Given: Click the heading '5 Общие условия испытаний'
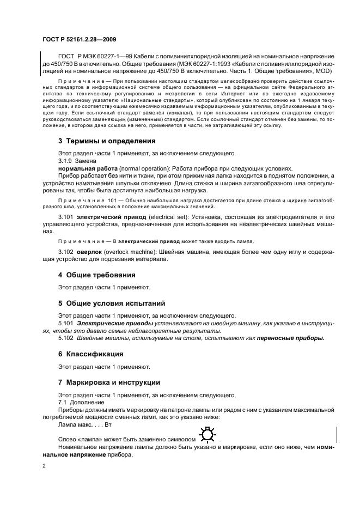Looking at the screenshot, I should pyautogui.click(x=111, y=302).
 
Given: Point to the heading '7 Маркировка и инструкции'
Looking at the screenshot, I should pyautogui.click(x=109, y=382).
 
